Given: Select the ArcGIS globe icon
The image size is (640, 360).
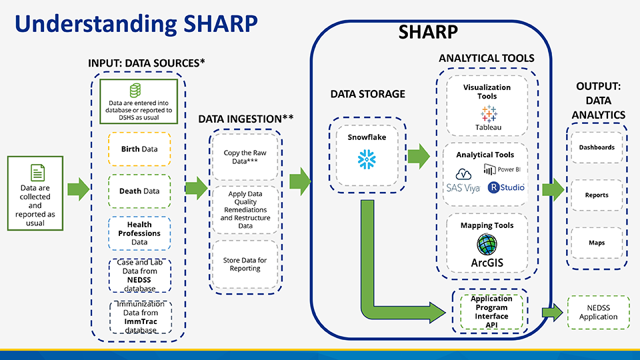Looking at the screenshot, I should [487, 245].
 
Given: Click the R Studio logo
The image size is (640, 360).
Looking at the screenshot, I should [506, 187].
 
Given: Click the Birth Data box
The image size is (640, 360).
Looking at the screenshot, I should [139, 149].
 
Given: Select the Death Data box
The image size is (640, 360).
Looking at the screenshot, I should [139, 191].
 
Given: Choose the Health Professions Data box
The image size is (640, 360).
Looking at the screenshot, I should [139, 233].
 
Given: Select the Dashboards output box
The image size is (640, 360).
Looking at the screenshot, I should [597, 147].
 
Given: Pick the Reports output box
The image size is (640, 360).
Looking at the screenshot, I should [597, 195].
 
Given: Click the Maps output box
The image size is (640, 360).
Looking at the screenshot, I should [597, 243].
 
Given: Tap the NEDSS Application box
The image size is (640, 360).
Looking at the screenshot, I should [598, 313].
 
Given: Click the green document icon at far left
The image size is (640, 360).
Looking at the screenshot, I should [35, 171].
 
